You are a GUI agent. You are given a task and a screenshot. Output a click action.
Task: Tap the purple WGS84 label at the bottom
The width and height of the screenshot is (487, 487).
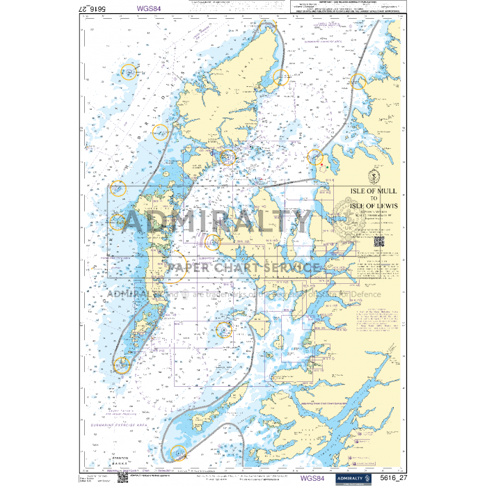pyautogui.click(x=312, y=479)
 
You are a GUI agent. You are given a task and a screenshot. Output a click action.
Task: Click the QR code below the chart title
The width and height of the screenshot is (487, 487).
pyautogui.click(x=379, y=241)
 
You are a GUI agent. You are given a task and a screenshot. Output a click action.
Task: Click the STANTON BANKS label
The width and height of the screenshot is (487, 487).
pyautogui.click(x=102, y=461)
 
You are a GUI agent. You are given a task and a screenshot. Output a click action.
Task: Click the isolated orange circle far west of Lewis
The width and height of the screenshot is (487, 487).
pyautogui.click(x=128, y=71)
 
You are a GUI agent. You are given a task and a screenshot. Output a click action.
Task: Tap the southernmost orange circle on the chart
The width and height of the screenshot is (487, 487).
pyautogui.click(x=177, y=453)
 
